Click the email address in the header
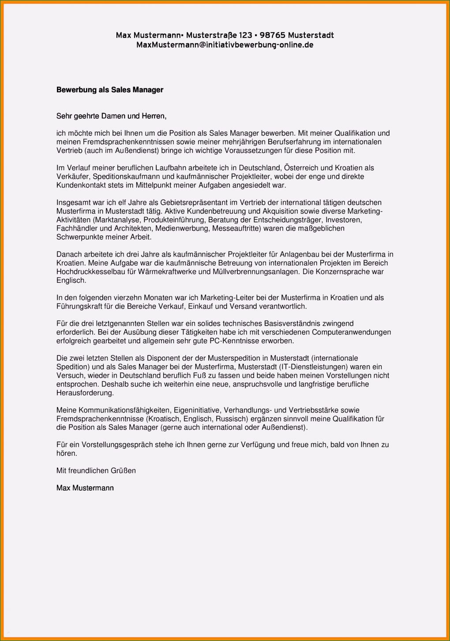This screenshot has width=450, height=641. click(x=225, y=45)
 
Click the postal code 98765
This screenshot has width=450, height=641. click(x=272, y=35)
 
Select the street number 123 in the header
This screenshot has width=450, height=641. click(x=245, y=35)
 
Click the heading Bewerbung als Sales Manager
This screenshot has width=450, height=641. click(x=110, y=90)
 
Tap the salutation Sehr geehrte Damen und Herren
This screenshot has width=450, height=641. click(x=111, y=116)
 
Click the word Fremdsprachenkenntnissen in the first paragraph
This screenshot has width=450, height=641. click(x=115, y=142)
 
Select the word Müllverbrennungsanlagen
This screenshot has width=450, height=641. click(x=255, y=272)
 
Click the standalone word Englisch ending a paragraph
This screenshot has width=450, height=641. click(x=71, y=281)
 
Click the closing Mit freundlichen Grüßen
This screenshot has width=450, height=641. click(x=96, y=471)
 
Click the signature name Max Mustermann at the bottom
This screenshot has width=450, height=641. click(x=85, y=488)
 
